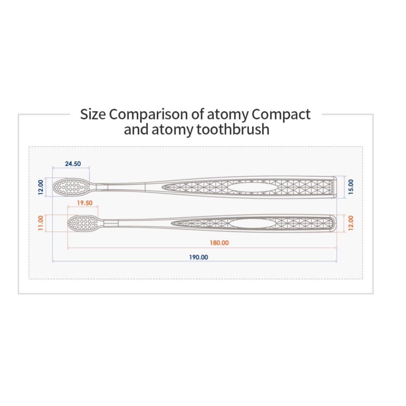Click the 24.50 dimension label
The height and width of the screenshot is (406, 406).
click(x=73, y=164)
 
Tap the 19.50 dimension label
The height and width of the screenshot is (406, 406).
click(x=84, y=203)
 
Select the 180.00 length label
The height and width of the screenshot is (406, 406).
click(x=219, y=243)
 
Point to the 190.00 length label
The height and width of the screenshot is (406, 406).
click(x=198, y=257)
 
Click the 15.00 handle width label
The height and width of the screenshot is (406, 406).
click(x=350, y=186)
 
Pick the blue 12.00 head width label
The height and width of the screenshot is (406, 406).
click(x=40, y=187)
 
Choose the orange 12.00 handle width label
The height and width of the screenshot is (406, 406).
click(x=350, y=223)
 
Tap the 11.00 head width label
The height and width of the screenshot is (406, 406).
click(x=40, y=223)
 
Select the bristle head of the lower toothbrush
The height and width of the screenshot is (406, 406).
click(x=83, y=223)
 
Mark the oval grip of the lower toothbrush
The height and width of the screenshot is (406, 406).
click(x=248, y=223)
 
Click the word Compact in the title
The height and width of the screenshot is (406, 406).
click(x=281, y=115)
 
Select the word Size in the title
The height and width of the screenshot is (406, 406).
click(x=93, y=115)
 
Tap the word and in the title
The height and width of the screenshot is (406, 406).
click(x=136, y=129)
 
